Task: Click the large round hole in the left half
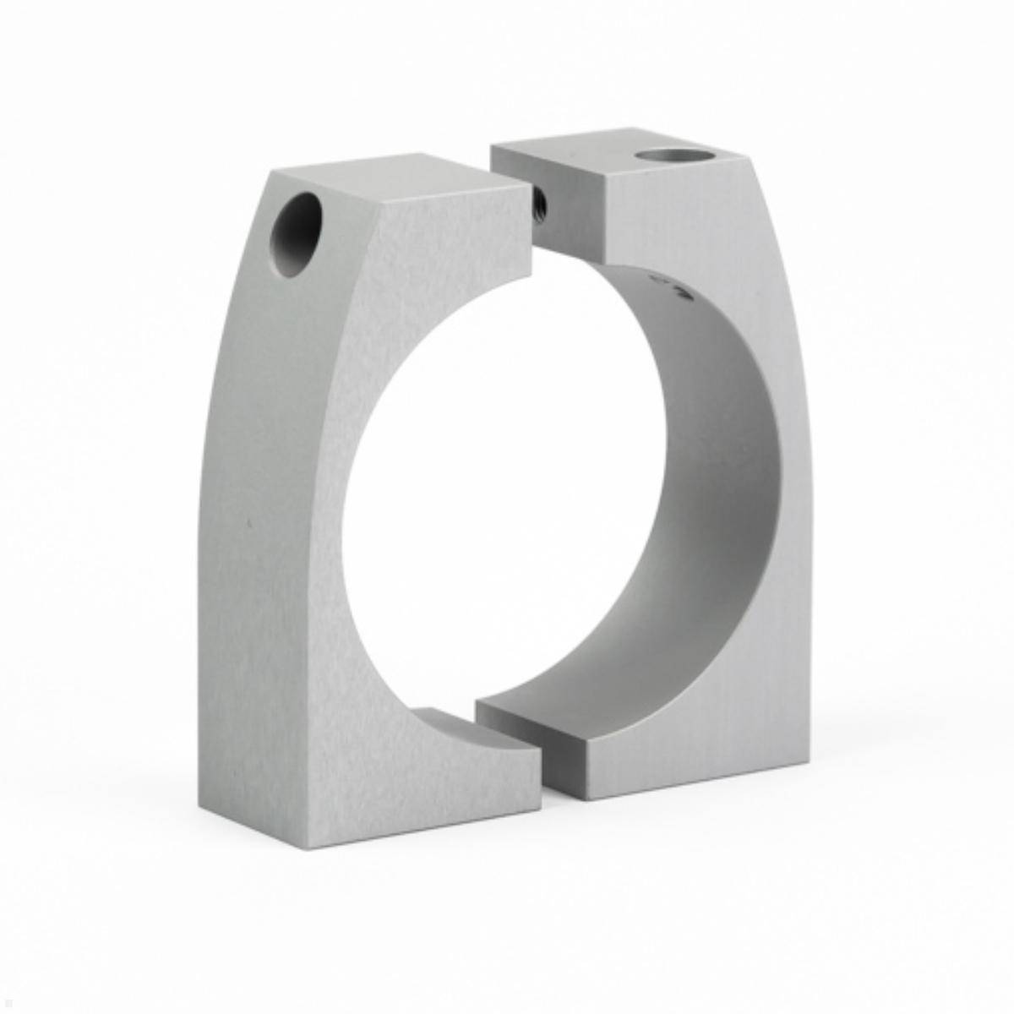pyautogui.click(x=297, y=237)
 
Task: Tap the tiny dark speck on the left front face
pyautogui.click(x=248, y=524)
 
